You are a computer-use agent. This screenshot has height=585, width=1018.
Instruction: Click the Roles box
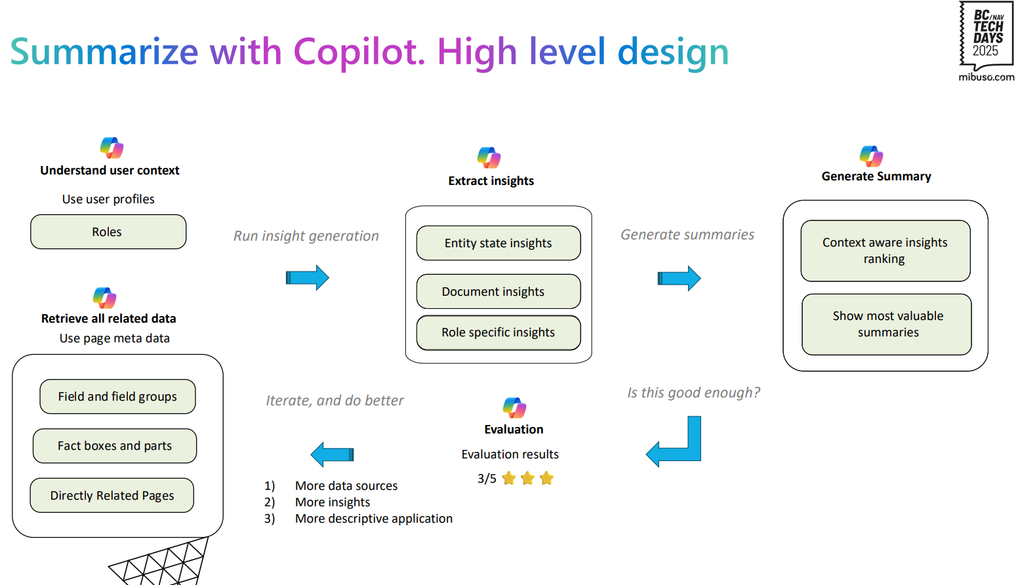point(108,232)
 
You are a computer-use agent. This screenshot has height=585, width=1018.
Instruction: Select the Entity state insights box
point(499,243)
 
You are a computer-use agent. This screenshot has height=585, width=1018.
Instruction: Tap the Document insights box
point(499,291)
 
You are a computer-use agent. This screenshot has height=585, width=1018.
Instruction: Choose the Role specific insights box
point(499,333)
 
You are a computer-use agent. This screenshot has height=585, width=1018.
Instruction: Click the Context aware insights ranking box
point(886,251)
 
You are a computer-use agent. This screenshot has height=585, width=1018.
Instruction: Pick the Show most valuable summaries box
point(887,325)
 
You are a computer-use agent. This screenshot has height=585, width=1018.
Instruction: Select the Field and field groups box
point(117,396)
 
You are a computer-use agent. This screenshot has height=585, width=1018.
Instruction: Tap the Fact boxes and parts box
point(115,446)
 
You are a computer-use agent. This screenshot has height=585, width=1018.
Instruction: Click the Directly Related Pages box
point(112,495)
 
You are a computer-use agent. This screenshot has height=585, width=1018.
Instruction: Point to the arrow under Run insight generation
point(307,277)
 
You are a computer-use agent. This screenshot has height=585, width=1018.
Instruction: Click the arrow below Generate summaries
point(679,278)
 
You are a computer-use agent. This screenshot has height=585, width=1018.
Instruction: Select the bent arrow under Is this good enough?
point(694,453)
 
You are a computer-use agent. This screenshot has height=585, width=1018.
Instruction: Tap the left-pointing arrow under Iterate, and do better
point(332,454)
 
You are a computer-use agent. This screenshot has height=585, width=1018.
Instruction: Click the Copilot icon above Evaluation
point(514,408)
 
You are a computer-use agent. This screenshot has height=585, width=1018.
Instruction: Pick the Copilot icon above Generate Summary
point(871,156)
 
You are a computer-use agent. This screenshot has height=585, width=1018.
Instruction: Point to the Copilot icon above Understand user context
point(112,148)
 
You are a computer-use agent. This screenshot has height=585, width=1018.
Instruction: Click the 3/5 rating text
point(487,479)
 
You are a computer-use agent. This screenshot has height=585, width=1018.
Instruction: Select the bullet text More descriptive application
point(374,519)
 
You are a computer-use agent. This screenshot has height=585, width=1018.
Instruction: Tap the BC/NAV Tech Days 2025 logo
point(987,41)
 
